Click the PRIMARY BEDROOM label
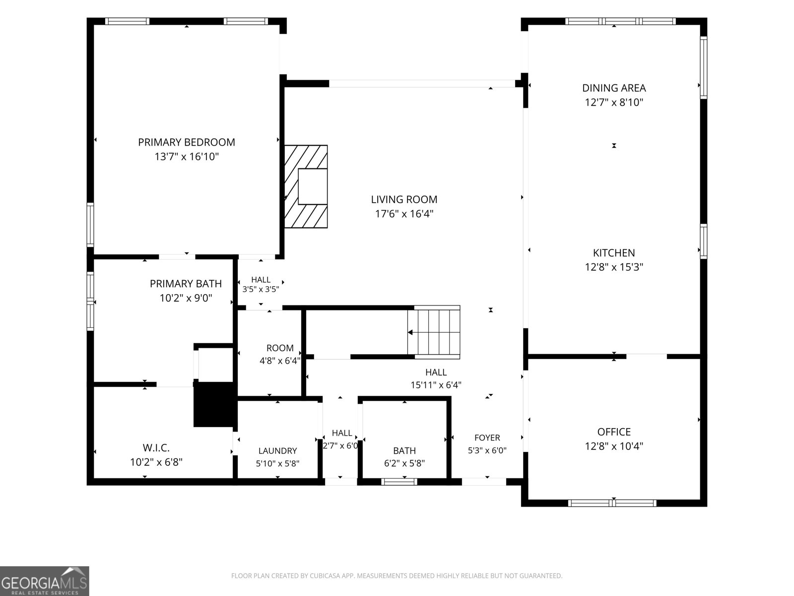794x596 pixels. (186, 142)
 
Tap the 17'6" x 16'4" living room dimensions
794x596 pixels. (404, 214)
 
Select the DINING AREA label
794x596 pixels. (614, 88)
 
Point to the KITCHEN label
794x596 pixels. (614, 253)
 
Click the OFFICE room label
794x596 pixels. (614, 432)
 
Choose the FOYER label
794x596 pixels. (487, 438)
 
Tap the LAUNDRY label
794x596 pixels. (277, 450)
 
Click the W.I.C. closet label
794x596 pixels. (156, 448)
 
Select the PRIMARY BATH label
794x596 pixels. (186, 284)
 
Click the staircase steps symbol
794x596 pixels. (434, 332)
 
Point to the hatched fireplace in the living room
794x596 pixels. (306, 187)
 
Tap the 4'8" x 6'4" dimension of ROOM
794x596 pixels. (280, 361)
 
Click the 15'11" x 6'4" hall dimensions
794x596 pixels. (436, 385)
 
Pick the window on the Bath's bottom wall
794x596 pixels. (399, 482)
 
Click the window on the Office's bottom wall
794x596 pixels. (612, 503)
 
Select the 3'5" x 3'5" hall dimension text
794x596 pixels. (261, 290)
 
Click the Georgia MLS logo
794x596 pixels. (45, 581)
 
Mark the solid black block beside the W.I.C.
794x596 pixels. (215, 404)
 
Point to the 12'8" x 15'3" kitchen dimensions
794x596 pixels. (614, 267)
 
